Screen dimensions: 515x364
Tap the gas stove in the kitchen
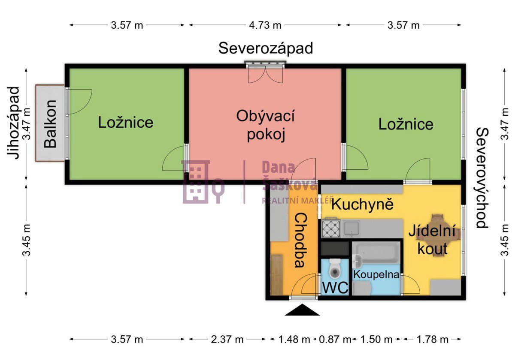pyautogui.click(x=331, y=228)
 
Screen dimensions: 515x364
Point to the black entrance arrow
pyautogui.click(x=302, y=310)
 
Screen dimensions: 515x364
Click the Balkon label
pyautogui.click(x=50, y=124)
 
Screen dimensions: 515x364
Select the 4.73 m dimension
pyautogui.click(x=265, y=25)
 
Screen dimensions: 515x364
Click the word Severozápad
pyautogui.click(x=266, y=48)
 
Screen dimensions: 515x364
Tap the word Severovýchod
pyautogui.click(x=482, y=178)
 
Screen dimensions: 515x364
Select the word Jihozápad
pyautogui.click(x=13, y=123)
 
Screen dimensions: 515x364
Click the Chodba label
pyautogui.click(x=301, y=241)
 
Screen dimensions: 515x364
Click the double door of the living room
pyautogui.click(x=265, y=74)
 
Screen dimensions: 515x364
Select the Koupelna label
pyautogui.click(x=376, y=274)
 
